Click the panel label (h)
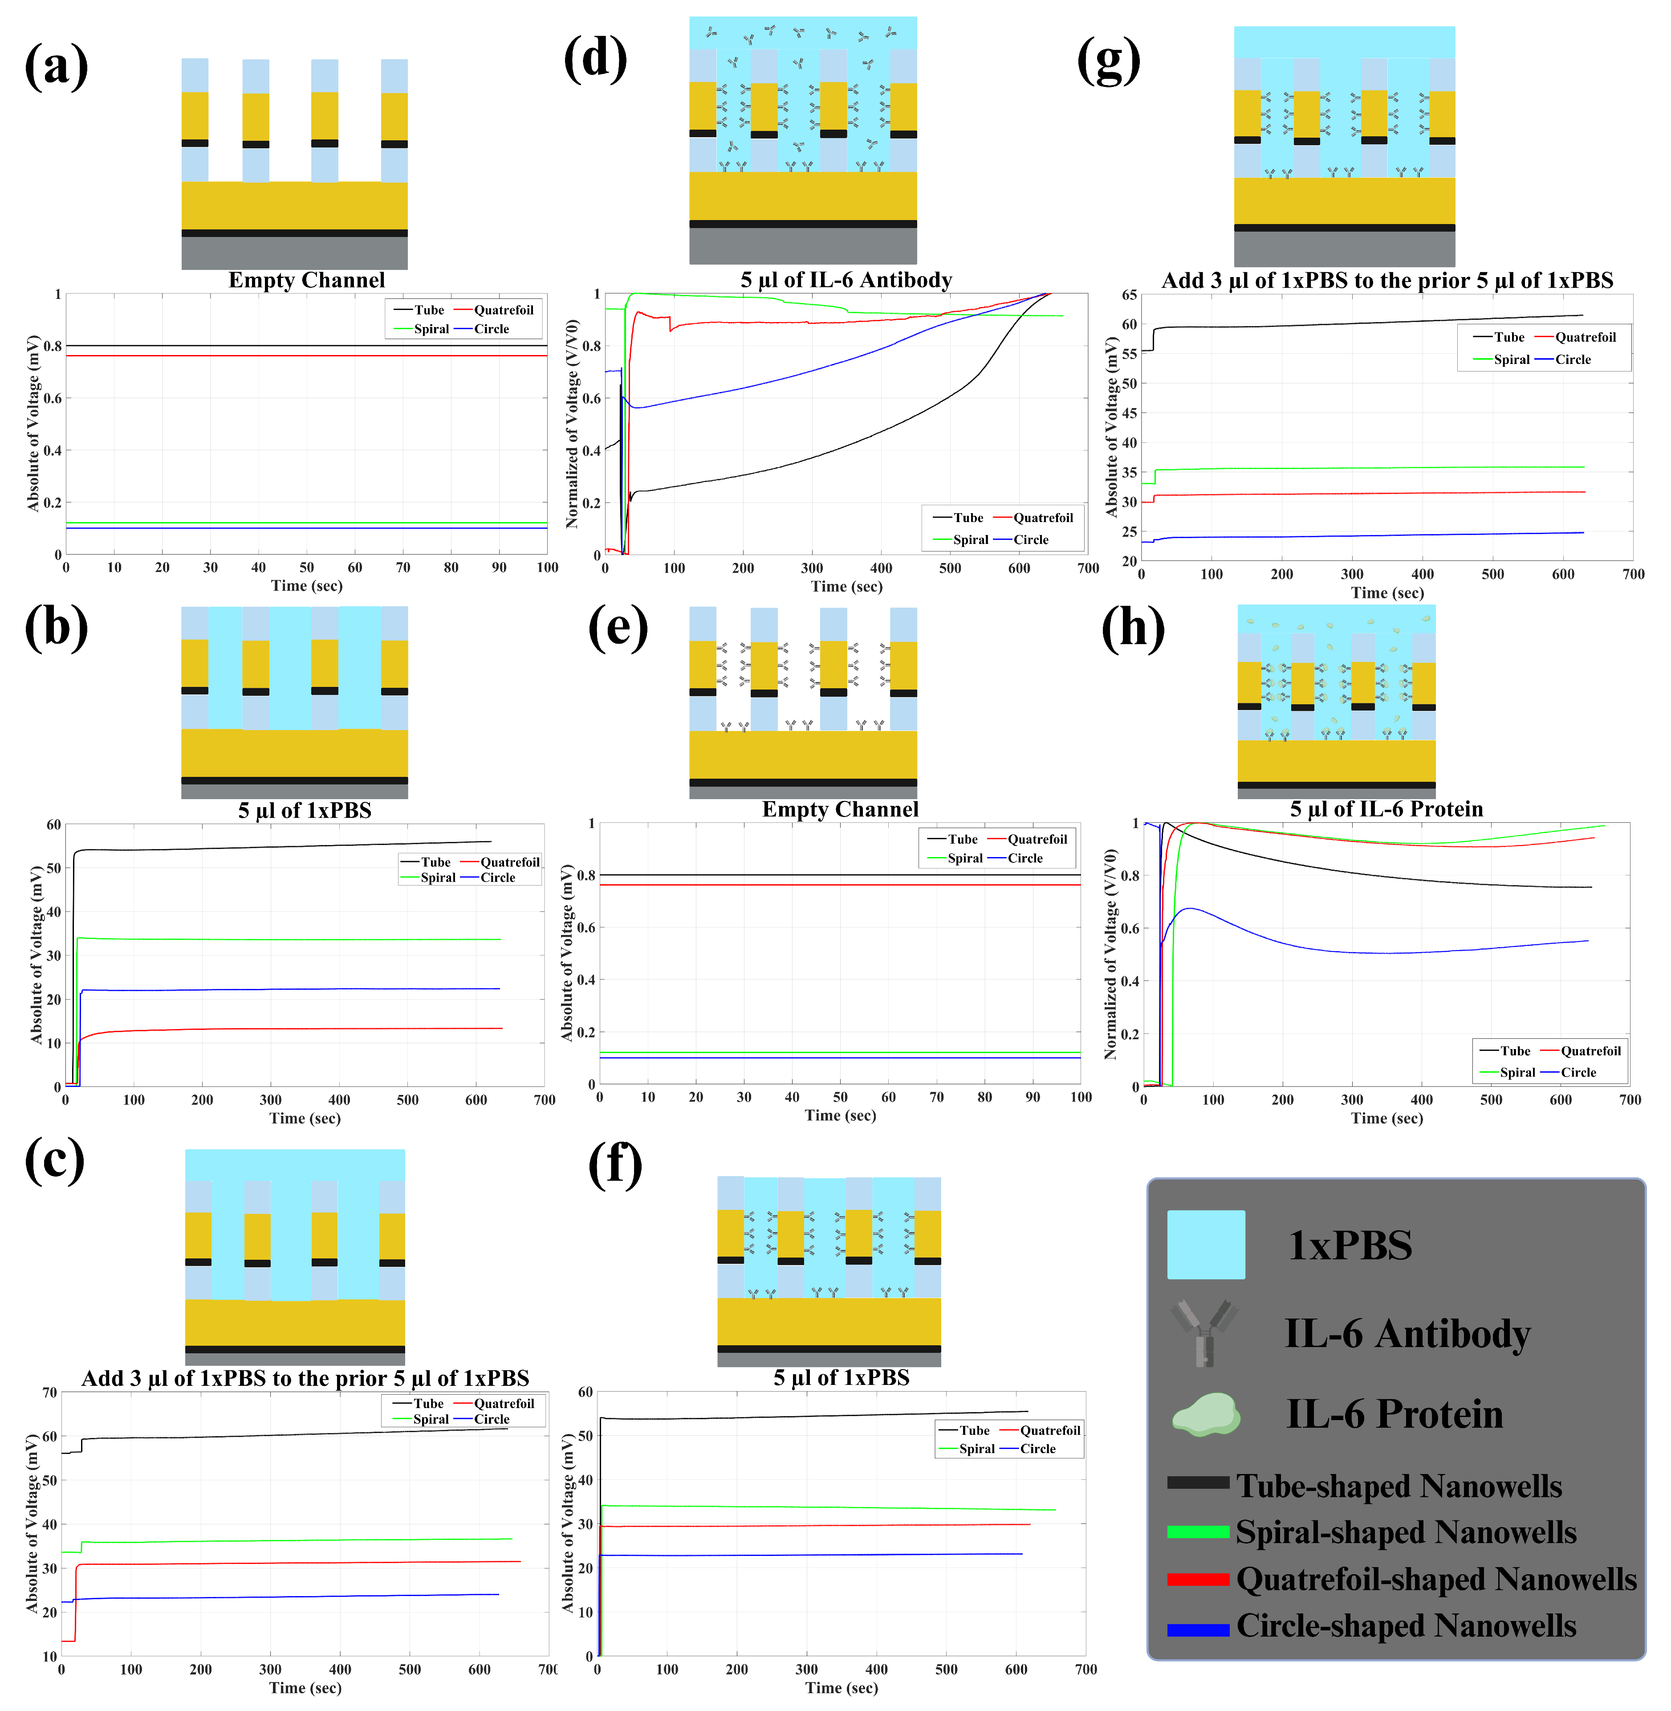point(1132,629)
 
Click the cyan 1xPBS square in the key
point(1205,1244)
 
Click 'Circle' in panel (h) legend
point(1578,1072)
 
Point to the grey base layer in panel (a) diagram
point(294,253)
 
